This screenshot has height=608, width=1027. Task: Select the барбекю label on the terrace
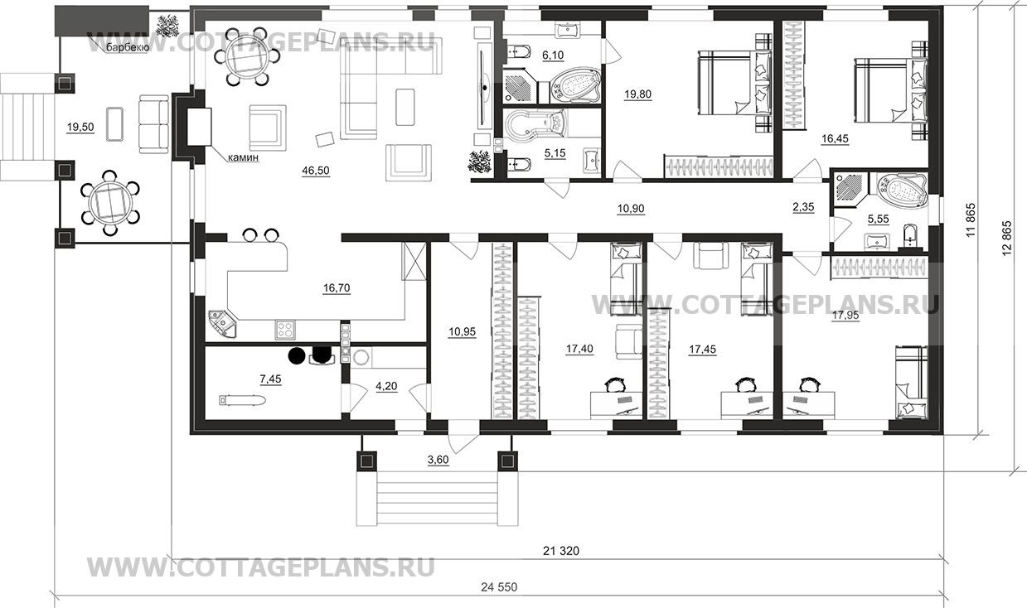click(127, 48)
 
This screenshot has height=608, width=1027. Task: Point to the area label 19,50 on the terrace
click(80, 127)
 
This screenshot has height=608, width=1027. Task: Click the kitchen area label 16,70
click(337, 288)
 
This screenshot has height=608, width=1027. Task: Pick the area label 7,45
click(271, 379)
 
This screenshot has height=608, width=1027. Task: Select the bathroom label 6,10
click(552, 55)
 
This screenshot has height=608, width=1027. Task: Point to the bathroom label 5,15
click(553, 153)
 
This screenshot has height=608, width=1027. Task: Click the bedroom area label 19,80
click(637, 94)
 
